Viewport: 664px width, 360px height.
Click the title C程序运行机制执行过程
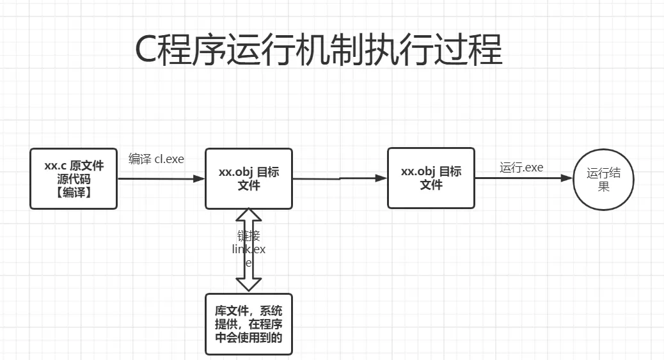click(x=319, y=51)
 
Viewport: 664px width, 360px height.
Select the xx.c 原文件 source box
click(x=74, y=178)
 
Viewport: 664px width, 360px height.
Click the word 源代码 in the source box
click(x=74, y=179)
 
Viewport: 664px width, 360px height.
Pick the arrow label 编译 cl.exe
click(x=156, y=159)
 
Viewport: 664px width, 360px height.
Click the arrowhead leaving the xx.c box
click(x=198, y=179)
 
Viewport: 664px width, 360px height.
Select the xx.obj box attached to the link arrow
click(x=249, y=178)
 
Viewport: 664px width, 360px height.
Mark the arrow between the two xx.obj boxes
click(x=340, y=179)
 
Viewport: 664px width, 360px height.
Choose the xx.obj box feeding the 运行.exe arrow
click(x=431, y=178)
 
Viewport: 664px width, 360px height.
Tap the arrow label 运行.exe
click(x=521, y=168)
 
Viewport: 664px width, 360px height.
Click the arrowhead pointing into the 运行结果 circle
click(x=567, y=178)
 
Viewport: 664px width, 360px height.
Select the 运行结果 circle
click(x=603, y=179)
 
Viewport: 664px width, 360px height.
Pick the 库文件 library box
click(x=249, y=324)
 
